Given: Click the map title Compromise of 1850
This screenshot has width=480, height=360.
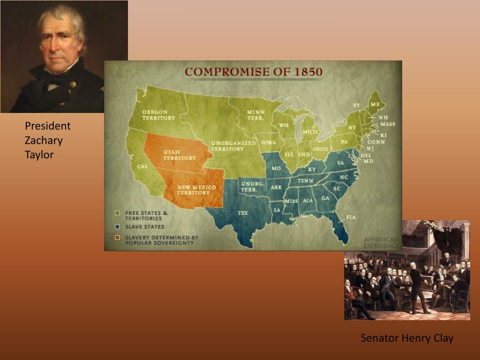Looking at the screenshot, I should (253, 72).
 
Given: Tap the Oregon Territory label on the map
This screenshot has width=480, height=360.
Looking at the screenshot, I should (158, 115).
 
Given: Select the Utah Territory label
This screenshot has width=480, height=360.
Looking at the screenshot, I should (179, 155).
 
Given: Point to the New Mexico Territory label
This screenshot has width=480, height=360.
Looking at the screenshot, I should (196, 190).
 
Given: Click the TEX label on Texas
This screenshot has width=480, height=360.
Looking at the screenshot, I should (243, 213).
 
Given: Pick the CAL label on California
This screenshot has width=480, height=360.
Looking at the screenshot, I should (142, 166).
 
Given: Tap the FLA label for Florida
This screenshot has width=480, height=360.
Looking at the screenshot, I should (351, 217).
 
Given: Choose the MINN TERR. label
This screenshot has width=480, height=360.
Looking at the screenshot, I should (255, 115).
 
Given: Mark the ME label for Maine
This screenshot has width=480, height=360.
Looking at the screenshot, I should (375, 104).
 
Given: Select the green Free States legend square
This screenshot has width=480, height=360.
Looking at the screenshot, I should (118, 213).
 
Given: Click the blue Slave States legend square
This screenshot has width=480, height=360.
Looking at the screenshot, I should (118, 226).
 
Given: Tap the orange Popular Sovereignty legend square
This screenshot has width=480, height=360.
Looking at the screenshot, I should (118, 238).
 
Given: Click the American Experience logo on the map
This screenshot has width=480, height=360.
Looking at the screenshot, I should (382, 242).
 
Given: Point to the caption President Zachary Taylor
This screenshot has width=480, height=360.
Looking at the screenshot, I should (47, 140).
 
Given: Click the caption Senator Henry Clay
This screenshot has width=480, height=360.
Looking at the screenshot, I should (407, 338).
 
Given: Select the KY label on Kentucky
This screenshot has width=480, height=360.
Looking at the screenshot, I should (312, 169).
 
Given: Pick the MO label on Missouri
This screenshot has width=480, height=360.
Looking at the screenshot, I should (276, 168).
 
